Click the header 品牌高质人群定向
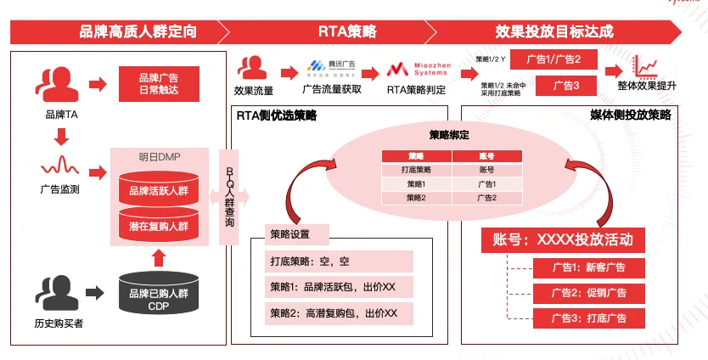coord(138,32)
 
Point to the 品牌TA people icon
coord(53,84)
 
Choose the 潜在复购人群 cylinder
coord(160,223)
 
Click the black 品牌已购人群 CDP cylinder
coord(160,294)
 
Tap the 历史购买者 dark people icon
coord(54,294)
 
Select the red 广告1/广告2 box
coord(553,59)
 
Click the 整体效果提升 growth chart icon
coord(648,65)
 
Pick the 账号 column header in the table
coord(486,156)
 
